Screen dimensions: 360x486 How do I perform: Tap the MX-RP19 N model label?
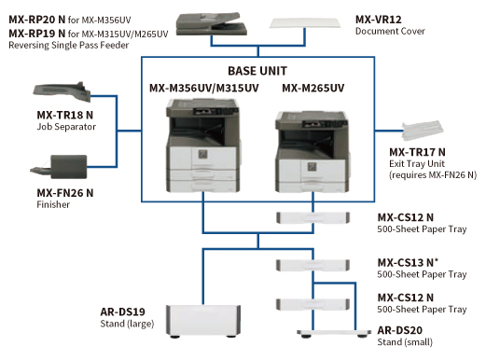pos(35,34)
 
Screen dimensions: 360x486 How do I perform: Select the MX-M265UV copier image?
pos(303,149)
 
